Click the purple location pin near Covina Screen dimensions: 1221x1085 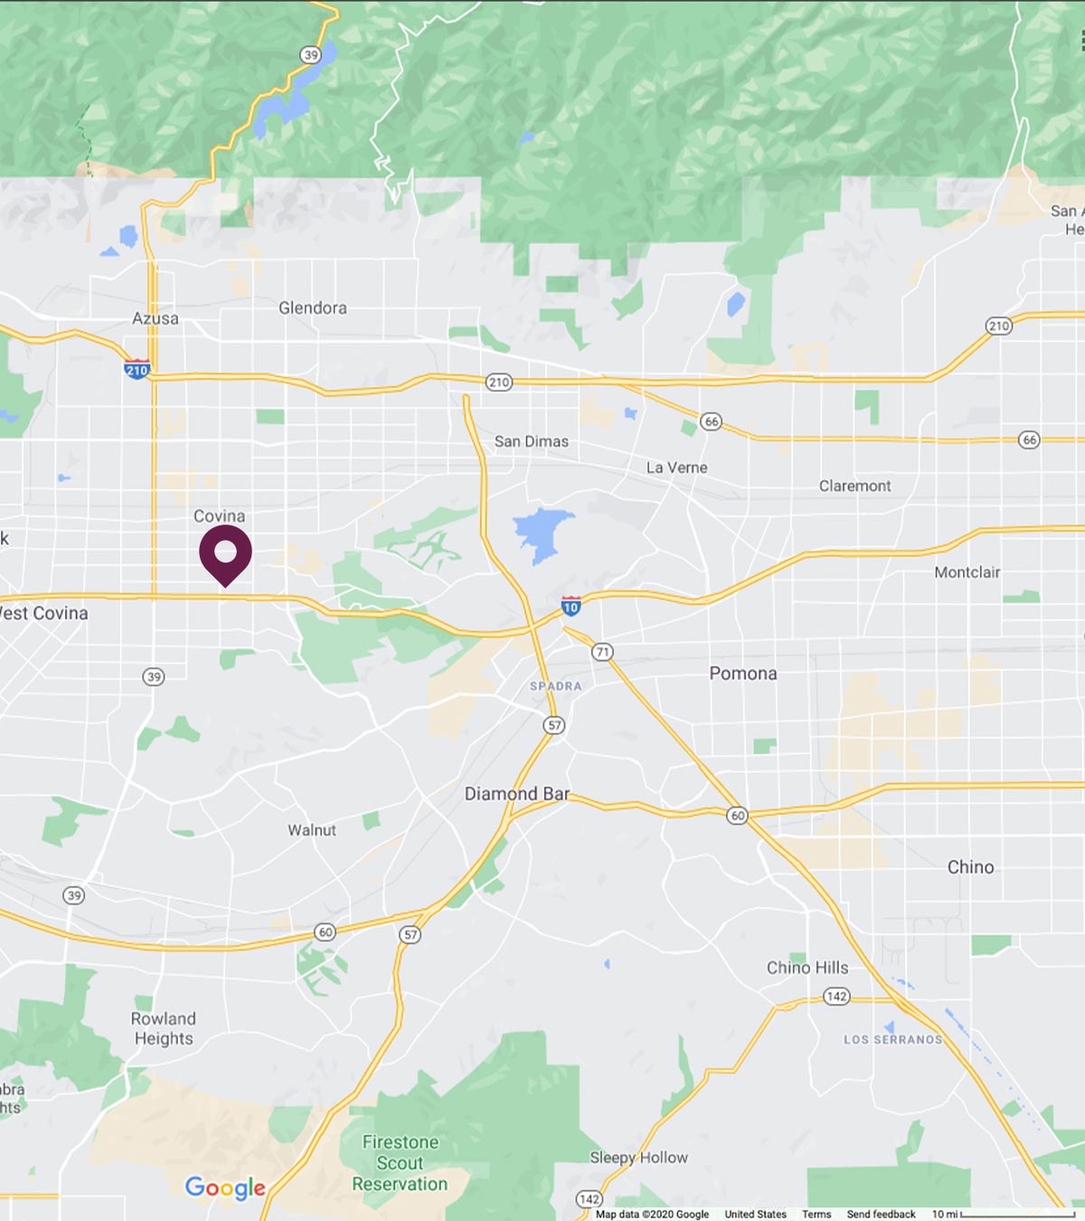225,552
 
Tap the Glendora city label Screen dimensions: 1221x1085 312,308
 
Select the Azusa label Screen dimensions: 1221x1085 156,318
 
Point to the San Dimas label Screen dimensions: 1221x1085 532,441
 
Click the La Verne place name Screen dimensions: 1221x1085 676,468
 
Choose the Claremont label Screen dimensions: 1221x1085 854,486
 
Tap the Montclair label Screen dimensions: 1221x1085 967,573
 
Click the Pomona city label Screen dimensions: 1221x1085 742,673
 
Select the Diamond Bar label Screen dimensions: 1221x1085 517,793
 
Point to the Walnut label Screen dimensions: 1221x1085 312,829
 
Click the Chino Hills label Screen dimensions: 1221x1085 807,968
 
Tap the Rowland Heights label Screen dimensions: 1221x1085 164,1028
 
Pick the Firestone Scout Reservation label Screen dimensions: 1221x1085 400,1163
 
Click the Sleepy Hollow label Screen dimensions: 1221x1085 638,1158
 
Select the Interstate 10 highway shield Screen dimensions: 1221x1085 571,606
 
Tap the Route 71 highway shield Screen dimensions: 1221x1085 602,652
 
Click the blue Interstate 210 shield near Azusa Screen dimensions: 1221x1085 137,369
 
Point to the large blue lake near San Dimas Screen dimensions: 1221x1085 542,533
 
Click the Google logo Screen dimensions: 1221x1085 225,1188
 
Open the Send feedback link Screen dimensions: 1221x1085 881,1214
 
